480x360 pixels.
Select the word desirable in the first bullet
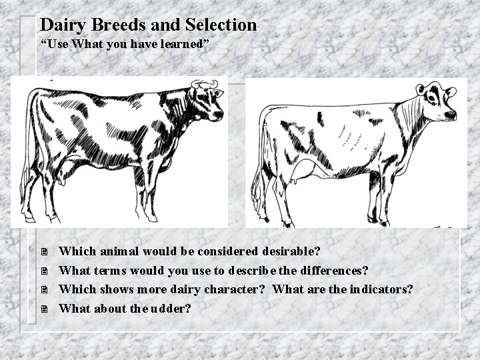pyautogui.click(x=287, y=252)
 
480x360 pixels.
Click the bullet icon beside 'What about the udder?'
pyautogui.click(x=43, y=309)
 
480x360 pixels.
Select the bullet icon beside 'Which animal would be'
pyautogui.click(x=43, y=253)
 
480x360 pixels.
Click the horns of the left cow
pyautogui.click(x=205, y=83)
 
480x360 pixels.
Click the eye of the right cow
pyautogui.click(x=433, y=99)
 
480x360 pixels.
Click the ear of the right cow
pyautogui.click(x=420, y=89)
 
